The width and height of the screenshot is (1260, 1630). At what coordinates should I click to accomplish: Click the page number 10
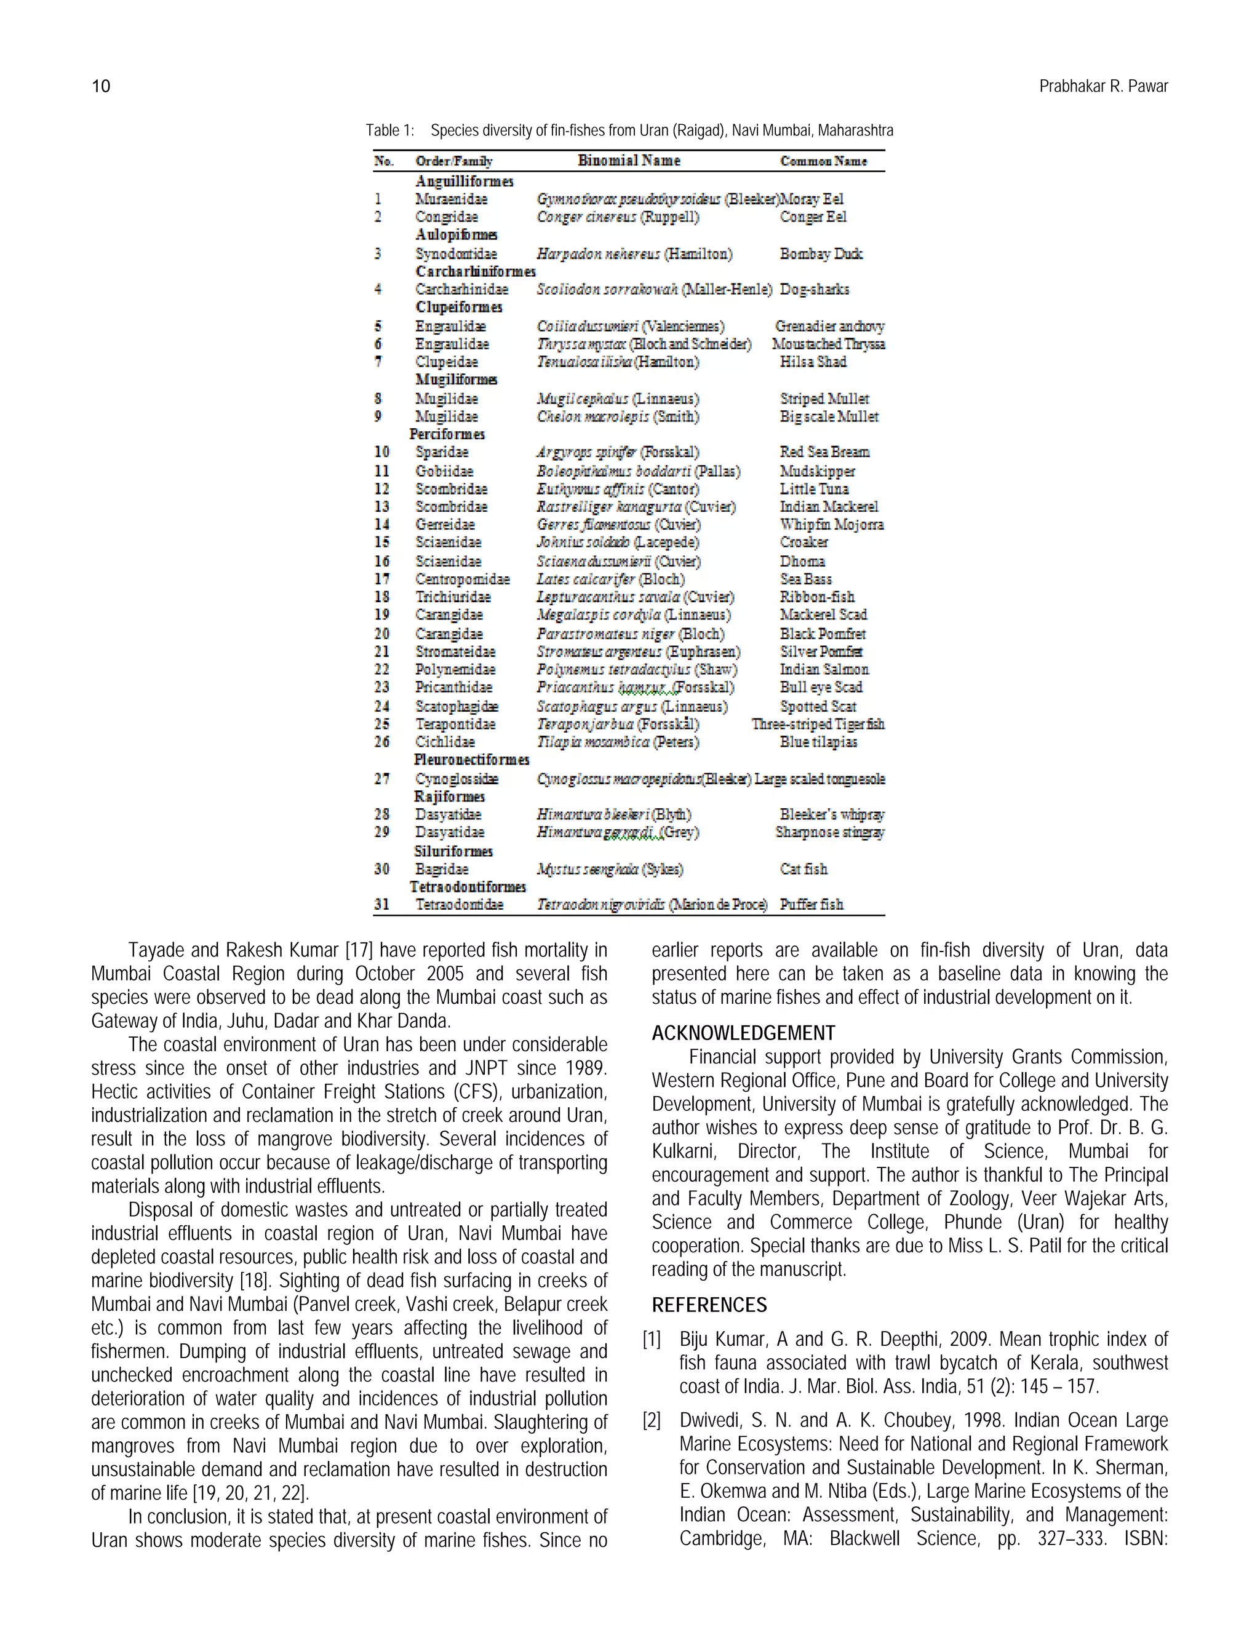click(101, 87)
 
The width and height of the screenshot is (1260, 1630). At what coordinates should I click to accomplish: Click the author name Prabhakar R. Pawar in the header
click(1102, 87)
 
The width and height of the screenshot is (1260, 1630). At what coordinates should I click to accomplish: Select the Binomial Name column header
click(629, 161)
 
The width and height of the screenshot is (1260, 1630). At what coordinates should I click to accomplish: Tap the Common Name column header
click(823, 161)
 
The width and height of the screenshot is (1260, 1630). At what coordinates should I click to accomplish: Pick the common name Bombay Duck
click(820, 254)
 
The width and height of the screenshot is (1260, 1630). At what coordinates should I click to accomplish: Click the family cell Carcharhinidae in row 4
click(461, 290)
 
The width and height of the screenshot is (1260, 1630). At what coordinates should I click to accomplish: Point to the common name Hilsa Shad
click(812, 362)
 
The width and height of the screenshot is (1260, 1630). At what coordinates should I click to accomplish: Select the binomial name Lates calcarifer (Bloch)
click(610, 579)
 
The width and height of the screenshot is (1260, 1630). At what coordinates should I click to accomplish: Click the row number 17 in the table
click(381, 579)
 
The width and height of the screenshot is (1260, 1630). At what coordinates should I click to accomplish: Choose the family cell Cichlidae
click(445, 742)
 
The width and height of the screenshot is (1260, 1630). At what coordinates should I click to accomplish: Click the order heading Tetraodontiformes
click(468, 886)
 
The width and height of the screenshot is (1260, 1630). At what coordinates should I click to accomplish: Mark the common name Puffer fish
click(811, 905)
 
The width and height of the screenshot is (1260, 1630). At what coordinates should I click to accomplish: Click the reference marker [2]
click(652, 1420)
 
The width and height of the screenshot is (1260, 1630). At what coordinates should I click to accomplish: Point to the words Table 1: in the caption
click(389, 130)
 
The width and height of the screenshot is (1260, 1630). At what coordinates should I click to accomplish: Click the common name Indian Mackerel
click(829, 507)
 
